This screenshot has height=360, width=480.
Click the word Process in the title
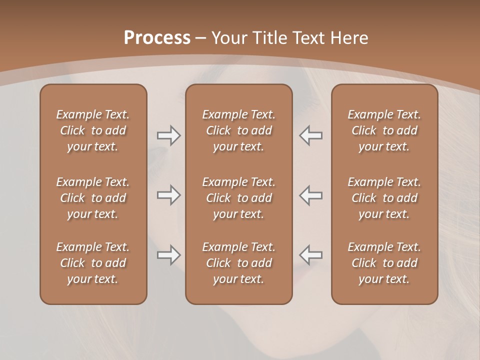[157, 37]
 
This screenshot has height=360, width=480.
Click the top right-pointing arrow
[168, 135]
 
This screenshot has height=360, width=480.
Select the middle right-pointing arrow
[168, 195]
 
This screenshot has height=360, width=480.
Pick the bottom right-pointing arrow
[168, 255]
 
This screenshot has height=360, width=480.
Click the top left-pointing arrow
[310, 135]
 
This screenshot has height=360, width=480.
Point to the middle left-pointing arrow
[310, 195]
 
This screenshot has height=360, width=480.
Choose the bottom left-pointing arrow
[310, 255]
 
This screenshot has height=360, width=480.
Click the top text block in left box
[93, 130]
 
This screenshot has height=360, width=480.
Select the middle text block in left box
[93, 198]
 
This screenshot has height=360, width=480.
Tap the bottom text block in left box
[93, 263]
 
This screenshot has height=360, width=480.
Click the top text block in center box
[238, 130]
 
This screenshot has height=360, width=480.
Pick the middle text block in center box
[238, 198]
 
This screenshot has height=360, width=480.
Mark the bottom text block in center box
[238, 263]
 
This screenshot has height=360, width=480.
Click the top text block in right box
[384, 130]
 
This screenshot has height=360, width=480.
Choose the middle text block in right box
[384, 198]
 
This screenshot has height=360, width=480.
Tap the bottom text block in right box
[384, 263]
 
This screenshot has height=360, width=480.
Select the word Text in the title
[310, 37]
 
